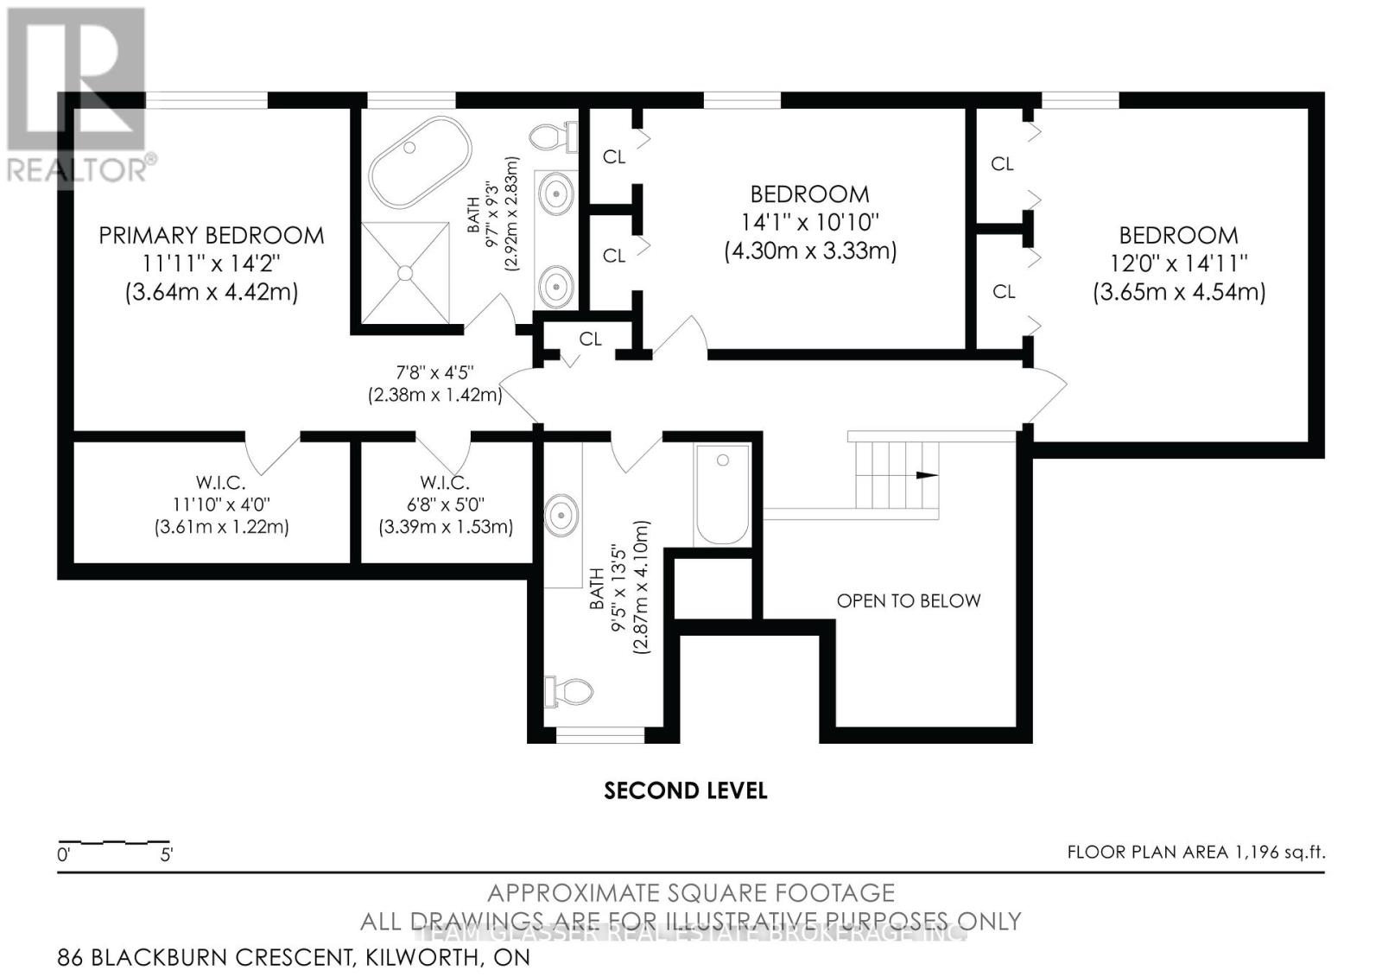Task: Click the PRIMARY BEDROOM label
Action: coord(211,235)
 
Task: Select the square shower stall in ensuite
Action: coord(405,271)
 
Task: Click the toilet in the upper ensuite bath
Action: coord(551,137)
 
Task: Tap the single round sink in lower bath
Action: coord(562,517)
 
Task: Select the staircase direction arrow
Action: coord(925,475)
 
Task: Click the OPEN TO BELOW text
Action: coord(908,600)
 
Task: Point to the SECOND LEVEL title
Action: coord(685,790)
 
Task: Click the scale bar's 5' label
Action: coord(167,856)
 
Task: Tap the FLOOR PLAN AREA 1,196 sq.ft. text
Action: coord(1195,852)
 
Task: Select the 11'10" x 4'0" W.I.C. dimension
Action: coord(221,504)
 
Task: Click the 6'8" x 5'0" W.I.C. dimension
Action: coord(445,504)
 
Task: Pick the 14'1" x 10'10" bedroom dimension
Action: coord(809,222)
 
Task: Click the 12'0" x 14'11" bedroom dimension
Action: coord(1179,263)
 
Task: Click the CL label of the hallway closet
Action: coord(590,339)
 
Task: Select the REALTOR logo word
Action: coord(78,169)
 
